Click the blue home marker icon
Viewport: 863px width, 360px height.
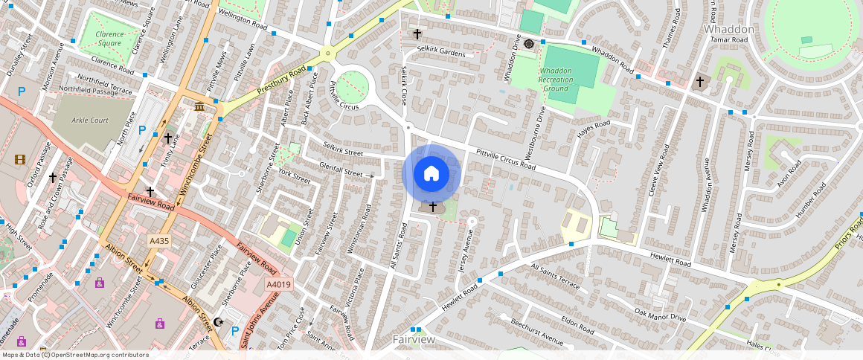(x=431, y=174)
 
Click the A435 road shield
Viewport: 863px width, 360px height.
(x=158, y=241)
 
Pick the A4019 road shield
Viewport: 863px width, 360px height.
(x=279, y=284)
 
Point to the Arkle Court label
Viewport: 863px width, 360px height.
(x=90, y=120)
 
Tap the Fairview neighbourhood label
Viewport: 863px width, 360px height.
(x=414, y=339)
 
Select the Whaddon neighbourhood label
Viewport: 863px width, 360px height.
(x=729, y=28)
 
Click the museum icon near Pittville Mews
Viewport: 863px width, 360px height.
(x=199, y=109)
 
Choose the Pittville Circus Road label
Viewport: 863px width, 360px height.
(x=501, y=155)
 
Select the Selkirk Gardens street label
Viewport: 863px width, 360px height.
(x=441, y=52)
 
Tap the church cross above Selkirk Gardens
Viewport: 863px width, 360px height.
(x=417, y=34)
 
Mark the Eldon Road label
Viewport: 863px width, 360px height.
(x=576, y=325)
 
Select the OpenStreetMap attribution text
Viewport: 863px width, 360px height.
(x=76, y=355)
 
